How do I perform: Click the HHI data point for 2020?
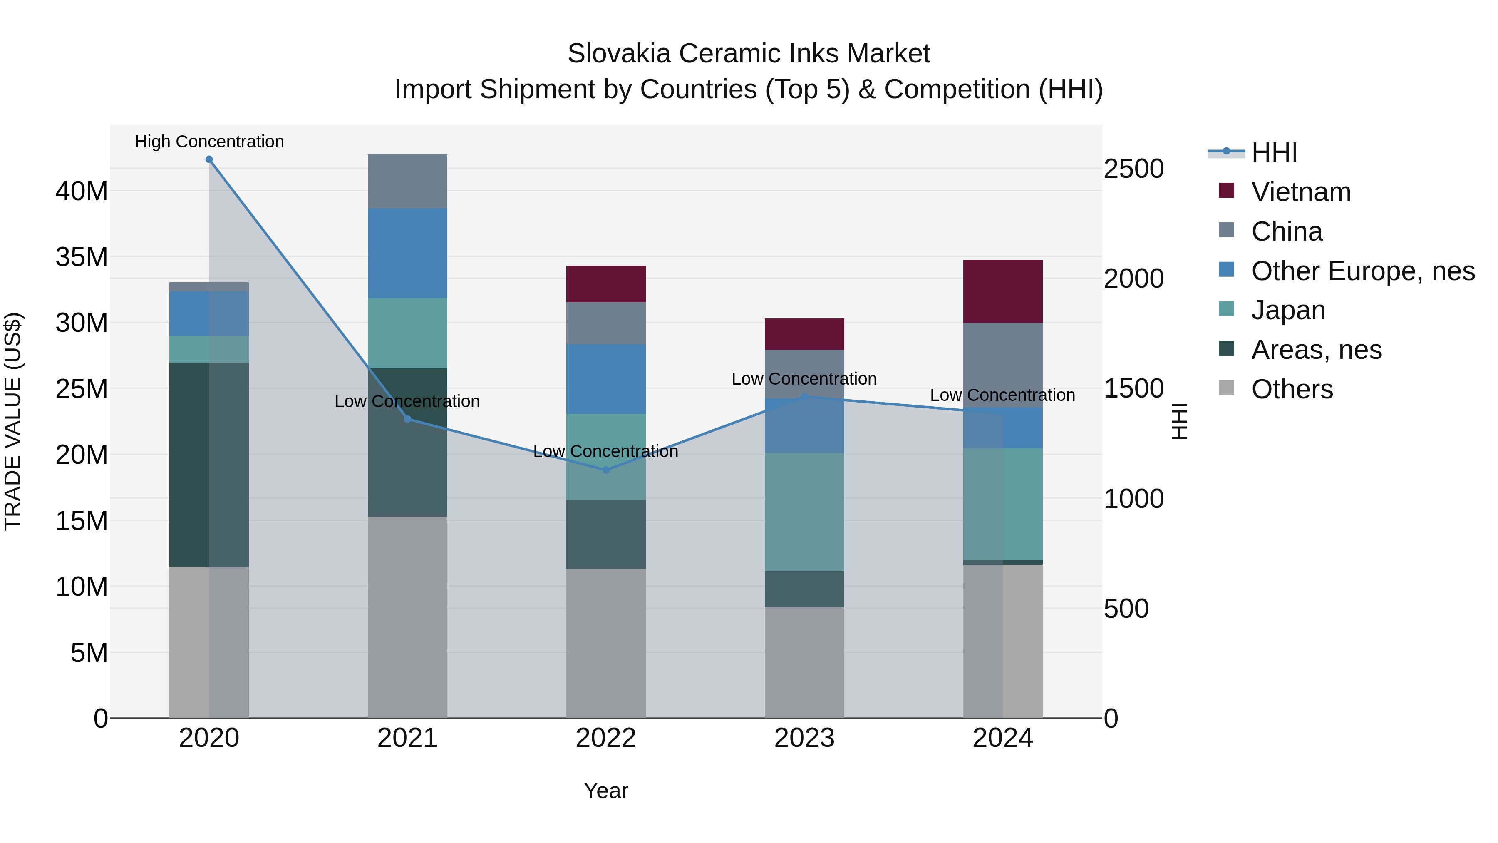(x=209, y=159)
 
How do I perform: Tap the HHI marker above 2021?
(x=408, y=419)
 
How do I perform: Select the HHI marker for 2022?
(x=606, y=470)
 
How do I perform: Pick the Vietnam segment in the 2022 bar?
(x=606, y=284)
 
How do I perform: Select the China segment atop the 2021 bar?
(x=408, y=182)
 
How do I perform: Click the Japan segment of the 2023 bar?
(x=804, y=512)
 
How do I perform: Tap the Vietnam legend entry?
(x=1301, y=192)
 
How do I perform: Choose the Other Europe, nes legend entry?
(x=1362, y=271)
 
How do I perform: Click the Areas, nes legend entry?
(x=1316, y=350)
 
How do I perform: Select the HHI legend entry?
(x=1274, y=152)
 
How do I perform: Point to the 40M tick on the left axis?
(x=82, y=191)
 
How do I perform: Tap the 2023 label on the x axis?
(x=804, y=738)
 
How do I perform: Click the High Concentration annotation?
(x=209, y=142)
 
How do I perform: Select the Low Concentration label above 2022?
(x=605, y=451)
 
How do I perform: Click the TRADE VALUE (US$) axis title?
(x=13, y=421)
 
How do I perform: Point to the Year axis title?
(x=606, y=791)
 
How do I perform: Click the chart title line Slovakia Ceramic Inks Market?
(x=749, y=54)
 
